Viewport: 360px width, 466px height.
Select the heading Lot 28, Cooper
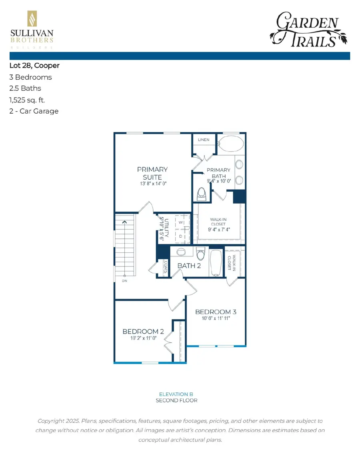pos(34,65)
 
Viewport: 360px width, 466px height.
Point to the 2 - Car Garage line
pos(34,111)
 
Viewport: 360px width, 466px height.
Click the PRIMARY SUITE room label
pos(152,173)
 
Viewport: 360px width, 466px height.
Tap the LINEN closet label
pos(204,140)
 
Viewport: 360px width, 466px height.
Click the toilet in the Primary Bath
pos(202,195)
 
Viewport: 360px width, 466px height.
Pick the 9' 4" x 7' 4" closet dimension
pos(219,230)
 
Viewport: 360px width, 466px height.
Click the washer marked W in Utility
pos(181,222)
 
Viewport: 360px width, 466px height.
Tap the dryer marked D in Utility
pos(181,236)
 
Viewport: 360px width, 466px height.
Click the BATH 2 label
pos(189,266)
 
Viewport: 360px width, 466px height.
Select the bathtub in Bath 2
pos(216,263)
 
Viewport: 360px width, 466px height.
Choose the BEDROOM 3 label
pos(213,312)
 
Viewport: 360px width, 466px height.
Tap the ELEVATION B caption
pos(176,394)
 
